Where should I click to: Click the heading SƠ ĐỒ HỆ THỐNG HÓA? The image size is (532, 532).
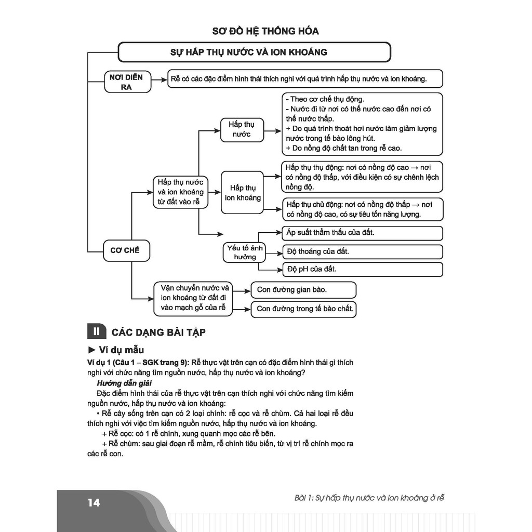[x=265, y=31]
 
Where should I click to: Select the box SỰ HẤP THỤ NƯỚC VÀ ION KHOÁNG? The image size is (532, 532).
[x=255, y=52]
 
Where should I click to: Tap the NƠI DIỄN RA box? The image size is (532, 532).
[x=128, y=82]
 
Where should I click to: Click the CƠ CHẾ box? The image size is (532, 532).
[x=126, y=250]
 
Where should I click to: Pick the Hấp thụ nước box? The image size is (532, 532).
[x=242, y=129]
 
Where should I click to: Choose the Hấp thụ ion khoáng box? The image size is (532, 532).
[x=242, y=193]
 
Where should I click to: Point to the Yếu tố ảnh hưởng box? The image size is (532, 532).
[x=244, y=252]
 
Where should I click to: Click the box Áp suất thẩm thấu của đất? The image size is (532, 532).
[x=362, y=233]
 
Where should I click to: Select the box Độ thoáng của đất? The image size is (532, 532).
[x=362, y=252]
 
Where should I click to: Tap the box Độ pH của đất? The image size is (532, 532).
[x=362, y=270]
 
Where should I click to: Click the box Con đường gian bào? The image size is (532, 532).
[x=303, y=290]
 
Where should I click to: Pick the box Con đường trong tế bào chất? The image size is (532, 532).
[x=303, y=309]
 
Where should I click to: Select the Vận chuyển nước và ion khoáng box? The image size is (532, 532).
[x=193, y=299]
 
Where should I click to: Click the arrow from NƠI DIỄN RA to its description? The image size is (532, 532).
[x=159, y=79]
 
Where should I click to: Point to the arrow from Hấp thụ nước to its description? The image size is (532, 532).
[x=272, y=130]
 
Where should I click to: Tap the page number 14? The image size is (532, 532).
[x=94, y=503]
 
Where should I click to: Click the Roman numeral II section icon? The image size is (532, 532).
[x=97, y=331]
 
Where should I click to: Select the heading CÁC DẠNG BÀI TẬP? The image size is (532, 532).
[x=158, y=332]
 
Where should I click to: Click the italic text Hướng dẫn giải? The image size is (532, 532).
[x=124, y=383]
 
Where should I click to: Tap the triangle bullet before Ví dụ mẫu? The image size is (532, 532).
[x=91, y=350]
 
